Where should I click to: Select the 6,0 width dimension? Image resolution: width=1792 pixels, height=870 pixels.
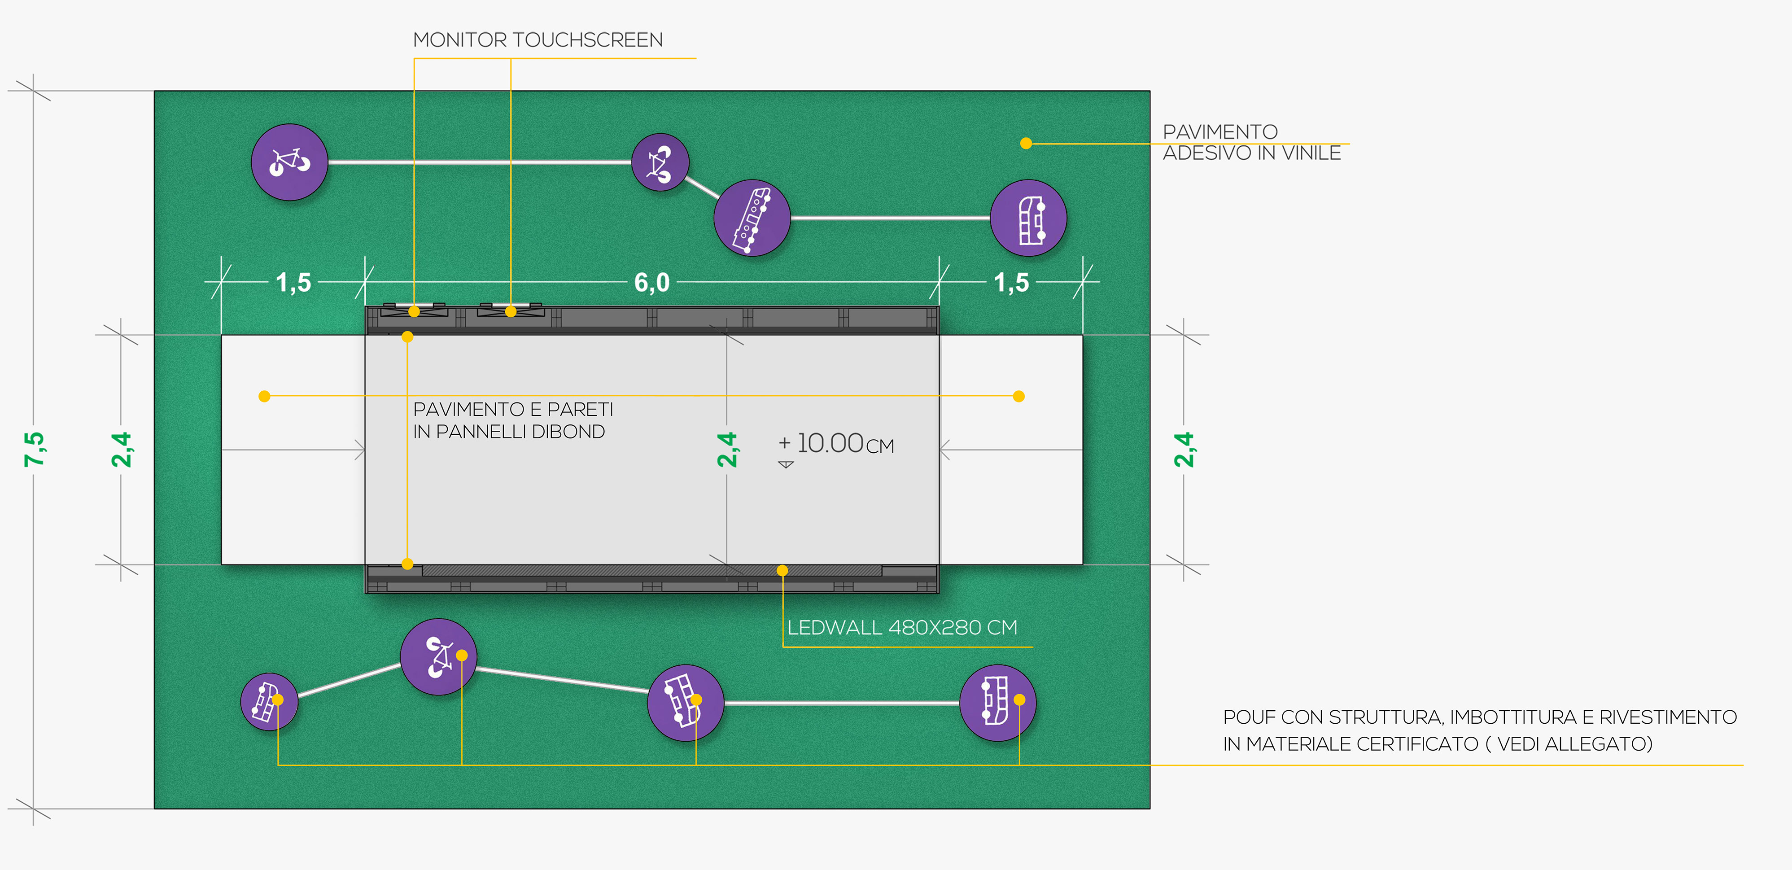[652, 282]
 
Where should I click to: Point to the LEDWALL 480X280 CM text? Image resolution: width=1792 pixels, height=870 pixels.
[901, 627]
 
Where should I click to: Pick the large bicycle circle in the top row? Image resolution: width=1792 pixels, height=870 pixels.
[289, 162]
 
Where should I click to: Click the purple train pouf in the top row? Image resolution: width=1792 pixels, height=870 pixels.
[752, 218]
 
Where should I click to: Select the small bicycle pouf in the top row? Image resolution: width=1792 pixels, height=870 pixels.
[660, 162]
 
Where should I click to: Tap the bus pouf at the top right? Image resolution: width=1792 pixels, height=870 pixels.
[1028, 218]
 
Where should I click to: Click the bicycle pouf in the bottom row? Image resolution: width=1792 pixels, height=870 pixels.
[438, 656]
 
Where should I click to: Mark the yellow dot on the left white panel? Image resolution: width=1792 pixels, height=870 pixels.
[264, 396]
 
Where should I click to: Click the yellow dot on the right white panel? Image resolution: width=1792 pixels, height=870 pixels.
[1018, 396]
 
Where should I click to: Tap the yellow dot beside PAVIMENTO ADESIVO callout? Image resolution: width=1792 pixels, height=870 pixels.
[1025, 143]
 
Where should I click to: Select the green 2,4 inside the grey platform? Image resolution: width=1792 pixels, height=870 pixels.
[726, 449]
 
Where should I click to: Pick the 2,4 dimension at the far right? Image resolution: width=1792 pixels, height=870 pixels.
[1183, 449]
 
